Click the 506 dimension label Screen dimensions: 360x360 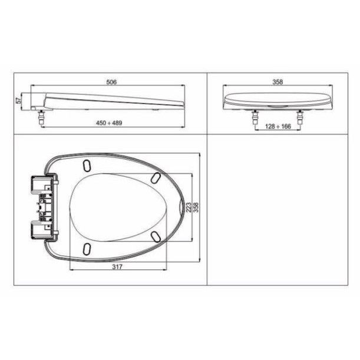(111, 82)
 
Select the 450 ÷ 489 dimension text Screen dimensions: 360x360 (109, 123)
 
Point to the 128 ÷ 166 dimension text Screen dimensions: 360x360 (278, 126)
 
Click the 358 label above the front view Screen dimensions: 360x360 (278, 82)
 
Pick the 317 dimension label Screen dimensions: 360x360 (117, 266)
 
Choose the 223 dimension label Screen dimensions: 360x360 (189, 207)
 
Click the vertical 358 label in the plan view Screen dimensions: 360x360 (196, 207)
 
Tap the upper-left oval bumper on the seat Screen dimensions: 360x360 (87, 166)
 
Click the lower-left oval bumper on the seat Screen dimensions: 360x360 (87, 249)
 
